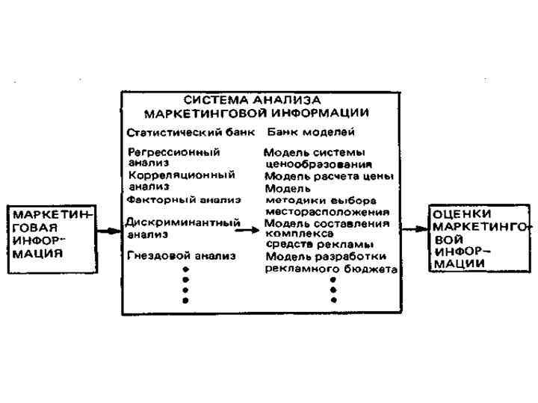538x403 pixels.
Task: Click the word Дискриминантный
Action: click(183, 222)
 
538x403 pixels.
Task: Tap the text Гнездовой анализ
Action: click(182, 255)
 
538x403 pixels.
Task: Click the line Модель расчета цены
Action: click(329, 176)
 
